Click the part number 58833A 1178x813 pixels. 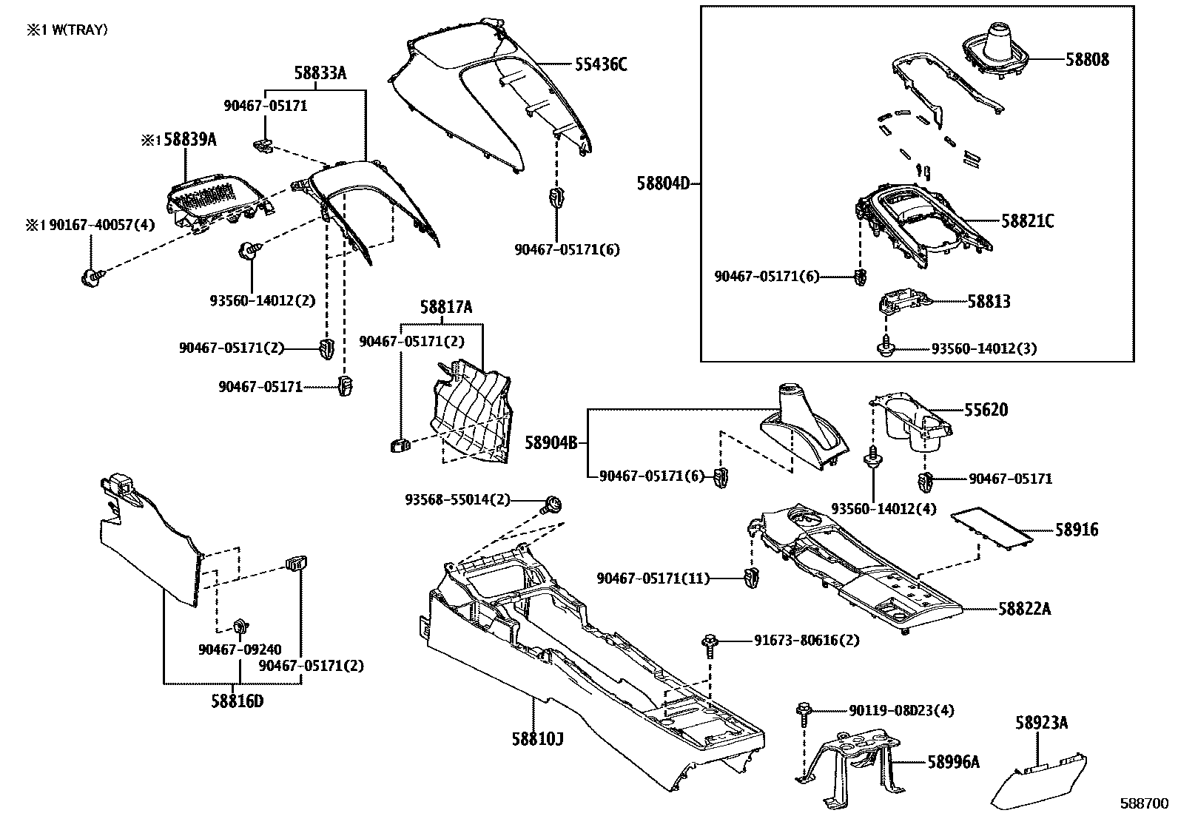pyautogui.click(x=320, y=73)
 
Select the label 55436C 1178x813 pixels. pyautogui.click(x=600, y=64)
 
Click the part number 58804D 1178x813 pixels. pyautogui.click(x=663, y=182)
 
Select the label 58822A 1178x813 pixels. pyautogui.click(x=1024, y=609)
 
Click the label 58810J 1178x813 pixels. pyautogui.click(x=537, y=738)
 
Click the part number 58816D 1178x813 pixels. pyautogui.click(x=237, y=701)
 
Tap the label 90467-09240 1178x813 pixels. pyautogui.click(x=239, y=650)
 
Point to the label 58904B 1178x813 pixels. pyautogui.click(x=551, y=442)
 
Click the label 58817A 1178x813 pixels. pyautogui.click(x=445, y=307)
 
